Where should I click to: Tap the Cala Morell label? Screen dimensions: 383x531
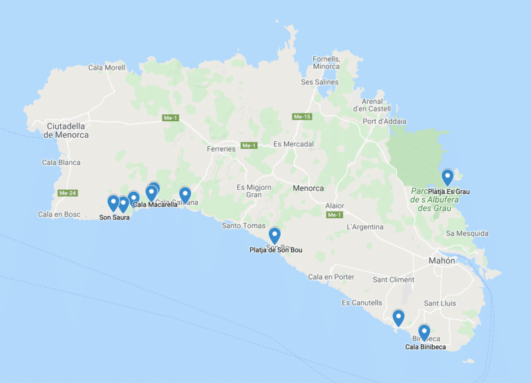[x=106, y=67]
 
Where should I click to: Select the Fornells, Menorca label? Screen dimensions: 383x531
[x=326, y=62]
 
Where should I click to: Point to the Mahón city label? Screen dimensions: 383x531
[x=441, y=261]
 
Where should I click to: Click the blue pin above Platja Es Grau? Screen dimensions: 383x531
[x=447, y=177]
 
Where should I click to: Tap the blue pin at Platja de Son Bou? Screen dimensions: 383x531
[x=274, y=235]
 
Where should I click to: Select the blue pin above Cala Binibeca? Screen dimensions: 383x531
[x=424, y=332]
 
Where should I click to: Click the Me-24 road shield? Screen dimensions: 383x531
[x=67, y=193]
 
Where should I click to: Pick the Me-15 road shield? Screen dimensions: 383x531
[x=302, y=116]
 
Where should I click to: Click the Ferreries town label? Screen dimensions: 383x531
[x=221, y=149]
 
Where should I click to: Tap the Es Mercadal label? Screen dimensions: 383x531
[x=293, y=144]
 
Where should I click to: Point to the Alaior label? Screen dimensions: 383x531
[x=335, y=206]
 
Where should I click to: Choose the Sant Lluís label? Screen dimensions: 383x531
[x=440, y=303]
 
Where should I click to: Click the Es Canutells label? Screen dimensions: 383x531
[x=362, y=303]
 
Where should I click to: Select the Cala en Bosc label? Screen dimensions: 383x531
[x=59, y=215]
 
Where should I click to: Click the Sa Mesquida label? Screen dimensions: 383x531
[x=467, y=233]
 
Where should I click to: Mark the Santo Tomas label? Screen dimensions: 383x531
[x=243, y=226]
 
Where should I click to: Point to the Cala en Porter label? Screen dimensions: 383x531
[x=331, y=277]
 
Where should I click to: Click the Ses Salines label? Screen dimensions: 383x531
[x=319, y=82]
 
